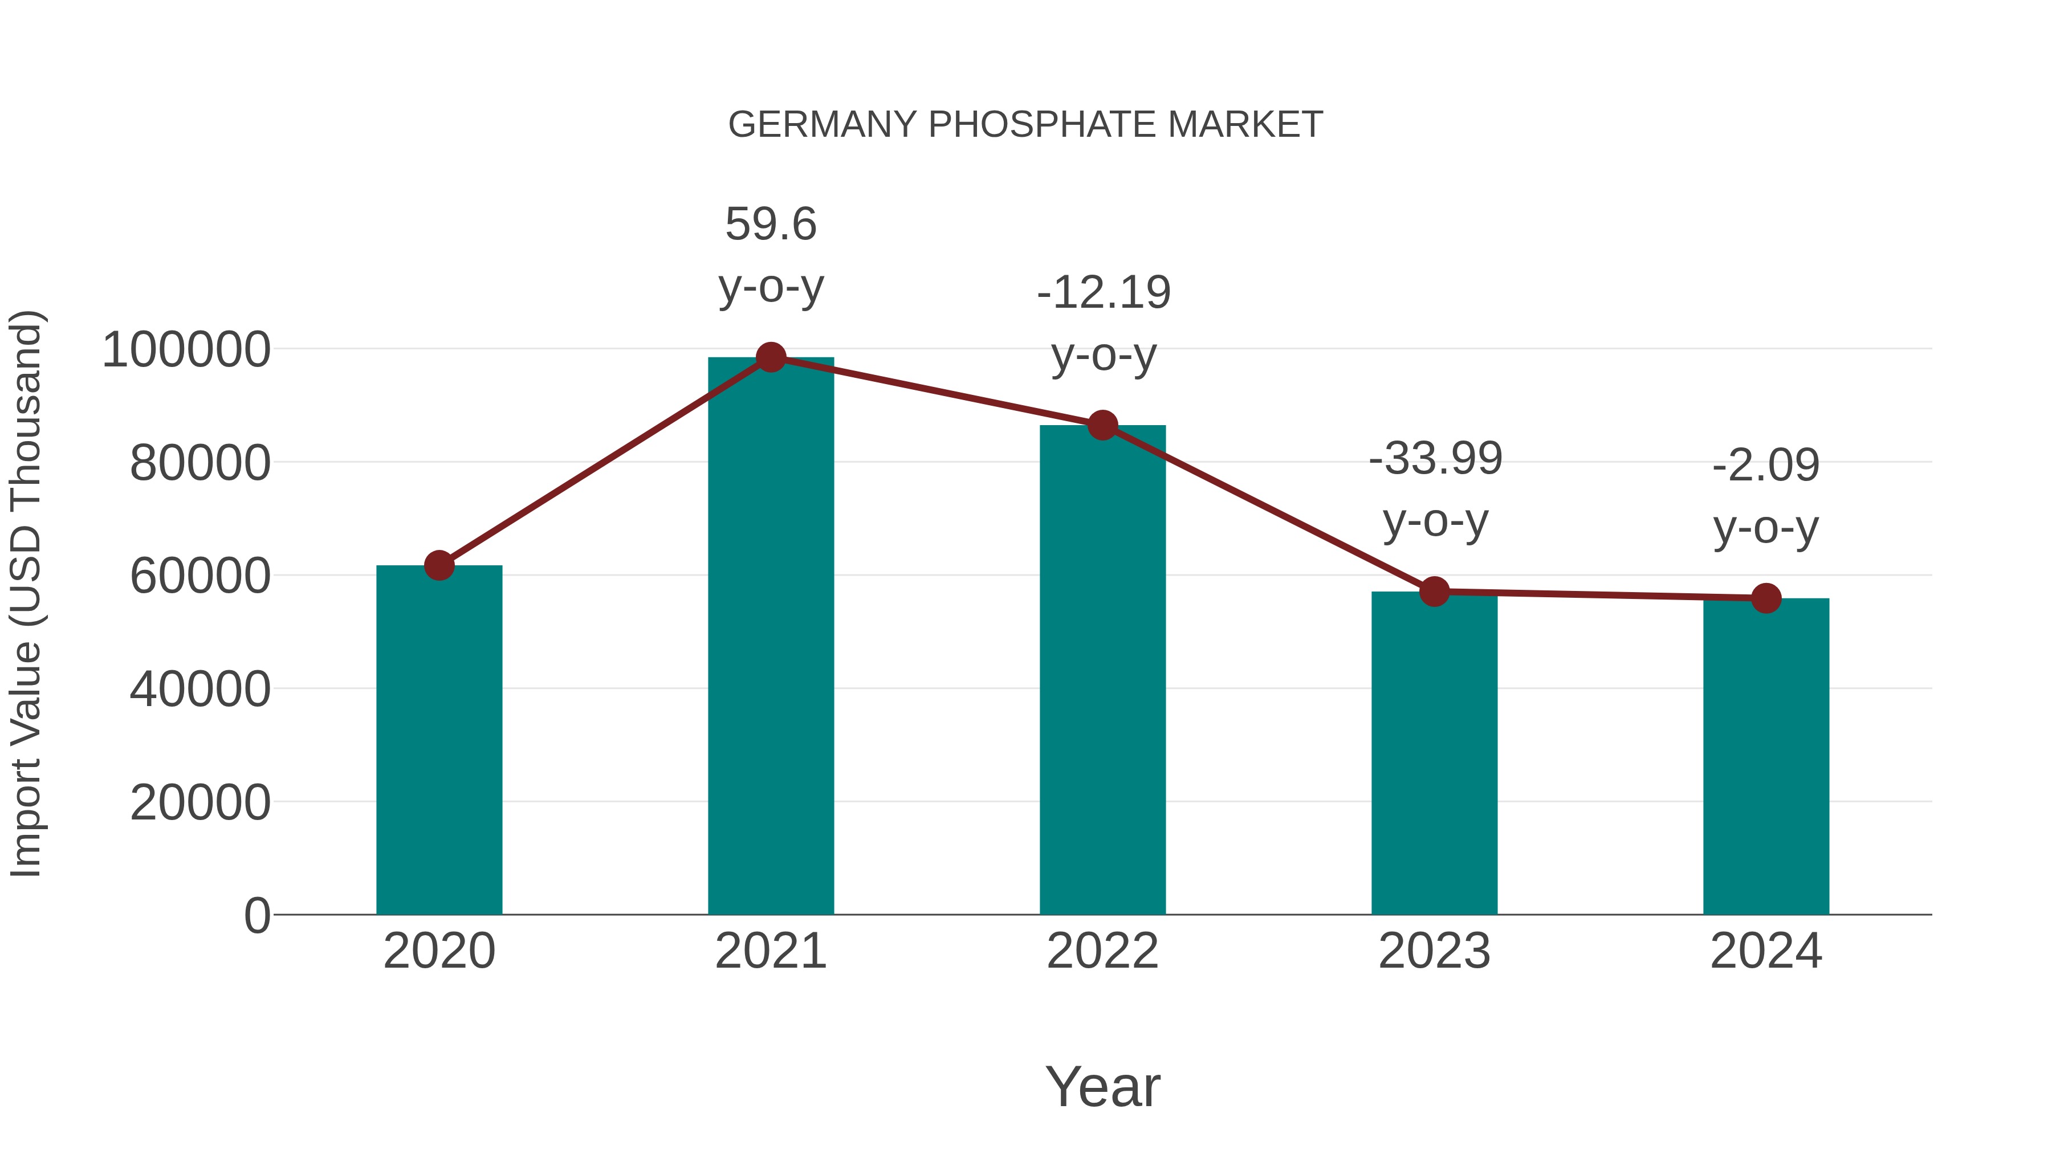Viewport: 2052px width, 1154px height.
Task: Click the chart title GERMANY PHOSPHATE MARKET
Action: click(x=1025, y=125)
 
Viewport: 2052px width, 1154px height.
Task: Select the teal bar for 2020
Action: click(x=439, y=741)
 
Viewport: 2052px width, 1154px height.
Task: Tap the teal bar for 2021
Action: click(x=770, y=637)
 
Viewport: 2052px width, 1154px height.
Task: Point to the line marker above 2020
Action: click(x=439, y=565)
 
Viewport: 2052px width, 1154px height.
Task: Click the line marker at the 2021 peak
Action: click(x=770, y=357)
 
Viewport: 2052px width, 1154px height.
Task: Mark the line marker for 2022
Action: click(x=1102, y=425)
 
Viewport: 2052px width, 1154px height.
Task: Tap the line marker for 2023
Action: click(x=1434, y=592)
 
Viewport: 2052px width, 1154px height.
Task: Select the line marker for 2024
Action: click(x=1766, y=598)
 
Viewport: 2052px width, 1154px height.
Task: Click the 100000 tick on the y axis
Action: click(x=186, y=350)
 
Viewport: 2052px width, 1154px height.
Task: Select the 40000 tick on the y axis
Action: click(x=200, y=689)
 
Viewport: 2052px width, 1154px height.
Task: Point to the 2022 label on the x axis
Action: click(x=1102, y=951)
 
